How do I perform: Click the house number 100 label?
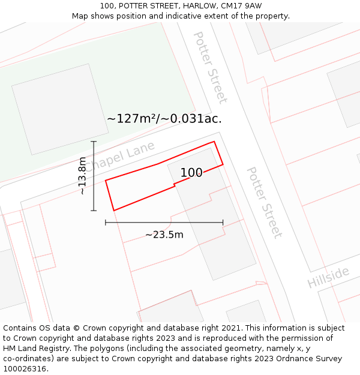[x=191, y=173]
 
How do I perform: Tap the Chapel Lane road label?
[x=119, y=156]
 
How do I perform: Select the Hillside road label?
[x=328, y=277]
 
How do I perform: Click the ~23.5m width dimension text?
[x=164, y=235]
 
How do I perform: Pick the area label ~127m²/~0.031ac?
[x=164, y=118]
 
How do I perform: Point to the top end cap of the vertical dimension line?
[x=94, y=141]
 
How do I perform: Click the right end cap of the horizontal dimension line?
[x=223, y=222]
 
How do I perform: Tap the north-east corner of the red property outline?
[x=214, y=142]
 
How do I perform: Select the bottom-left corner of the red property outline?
[x=113, y=211]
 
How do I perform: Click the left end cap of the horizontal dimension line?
[x=106, y=222]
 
